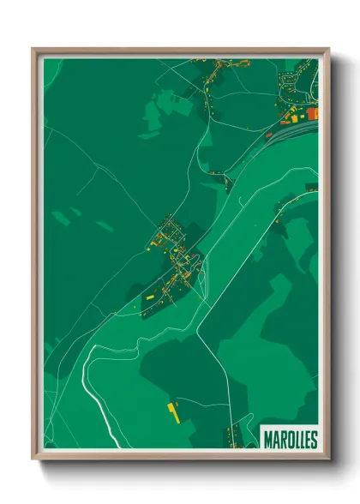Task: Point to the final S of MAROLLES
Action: pyautogui.click(x=313, y=440)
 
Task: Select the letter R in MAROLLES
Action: pyautogui.click(x=280, y=440)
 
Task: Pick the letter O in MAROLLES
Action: pyautogui.click(x=287, y=440)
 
